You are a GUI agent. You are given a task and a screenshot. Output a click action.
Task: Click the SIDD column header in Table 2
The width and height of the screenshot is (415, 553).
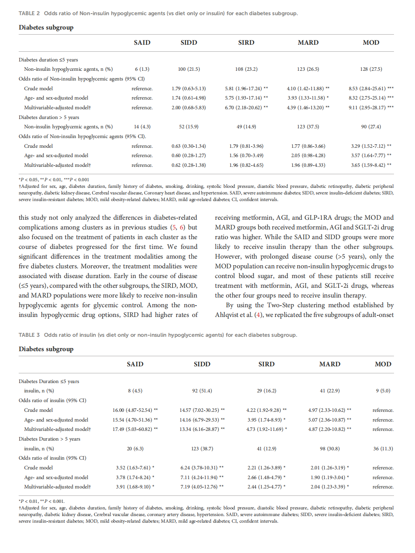[x=189, y=43]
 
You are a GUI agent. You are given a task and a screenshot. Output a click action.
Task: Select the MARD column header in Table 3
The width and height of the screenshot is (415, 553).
[x=330, y=364]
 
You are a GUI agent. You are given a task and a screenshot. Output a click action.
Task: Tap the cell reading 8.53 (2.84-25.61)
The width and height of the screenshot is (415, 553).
[x=367, y=89]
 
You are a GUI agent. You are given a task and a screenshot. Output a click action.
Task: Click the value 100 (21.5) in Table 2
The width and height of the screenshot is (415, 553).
[x=189, y=69]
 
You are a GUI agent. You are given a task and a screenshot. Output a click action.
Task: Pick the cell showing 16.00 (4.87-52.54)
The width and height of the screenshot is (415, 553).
[x=132, y=410]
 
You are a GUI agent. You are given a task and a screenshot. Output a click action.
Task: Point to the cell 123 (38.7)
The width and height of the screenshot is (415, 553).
[x=202, y=449]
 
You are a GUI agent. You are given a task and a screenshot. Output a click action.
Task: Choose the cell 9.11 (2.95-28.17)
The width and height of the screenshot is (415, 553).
[x=367, y=108]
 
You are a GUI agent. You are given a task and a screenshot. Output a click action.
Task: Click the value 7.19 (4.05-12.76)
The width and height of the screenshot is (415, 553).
[x=199, y=487]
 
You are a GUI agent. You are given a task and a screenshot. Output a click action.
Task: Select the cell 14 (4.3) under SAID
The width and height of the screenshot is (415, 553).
[x=142, y=127]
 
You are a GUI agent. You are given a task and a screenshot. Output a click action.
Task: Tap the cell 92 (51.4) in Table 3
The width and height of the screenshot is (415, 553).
[x=202, y=391]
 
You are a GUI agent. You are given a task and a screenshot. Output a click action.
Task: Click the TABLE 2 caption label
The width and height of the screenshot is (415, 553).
[x=29, y=14]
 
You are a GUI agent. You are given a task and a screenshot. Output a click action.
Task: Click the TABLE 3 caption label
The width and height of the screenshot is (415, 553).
[x=29, y=335]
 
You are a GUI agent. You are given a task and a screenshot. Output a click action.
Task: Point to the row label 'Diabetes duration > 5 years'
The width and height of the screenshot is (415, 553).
[x=49, y=117]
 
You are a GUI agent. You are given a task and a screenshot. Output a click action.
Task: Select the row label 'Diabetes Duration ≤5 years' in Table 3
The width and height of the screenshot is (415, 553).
[x=49, y=381]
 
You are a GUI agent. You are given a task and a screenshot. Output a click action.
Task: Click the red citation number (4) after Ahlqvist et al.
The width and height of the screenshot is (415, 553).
[x=258, y=315]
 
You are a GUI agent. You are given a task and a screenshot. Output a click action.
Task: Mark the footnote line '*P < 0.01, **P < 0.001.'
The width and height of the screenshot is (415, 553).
[x=42, y=501]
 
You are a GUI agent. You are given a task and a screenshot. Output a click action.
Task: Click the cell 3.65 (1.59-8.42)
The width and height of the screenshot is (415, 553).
[x=368, y=165]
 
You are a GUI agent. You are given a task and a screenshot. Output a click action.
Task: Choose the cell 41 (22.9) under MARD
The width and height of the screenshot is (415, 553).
[x=330, y=391]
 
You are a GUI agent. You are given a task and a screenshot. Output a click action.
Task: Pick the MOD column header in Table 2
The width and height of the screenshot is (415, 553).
[x=371, y=43]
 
